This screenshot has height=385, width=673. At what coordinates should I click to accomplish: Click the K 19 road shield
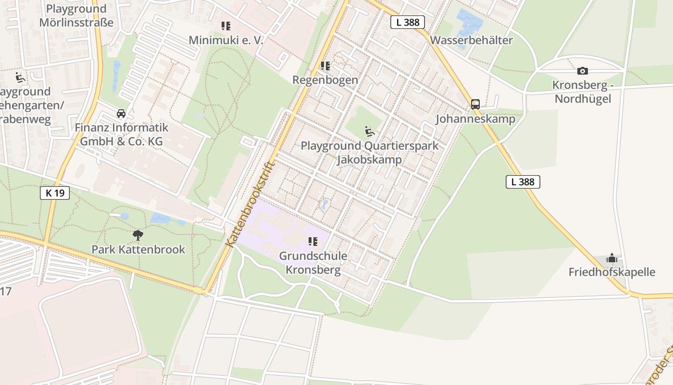[x=55, y=193]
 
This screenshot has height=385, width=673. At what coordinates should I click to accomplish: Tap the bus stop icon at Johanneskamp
[x=475, y=104]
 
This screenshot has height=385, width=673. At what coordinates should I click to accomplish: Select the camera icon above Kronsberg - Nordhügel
[x=582, y=71]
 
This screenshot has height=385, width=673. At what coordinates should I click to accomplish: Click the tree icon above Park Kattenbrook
[x=138, y=235]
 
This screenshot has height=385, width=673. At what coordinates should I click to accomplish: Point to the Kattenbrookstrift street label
[x=250, y=204]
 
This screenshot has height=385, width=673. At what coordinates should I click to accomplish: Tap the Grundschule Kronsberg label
[x=313, y=263]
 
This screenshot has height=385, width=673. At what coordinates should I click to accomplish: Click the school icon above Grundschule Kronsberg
[x=313, y=242]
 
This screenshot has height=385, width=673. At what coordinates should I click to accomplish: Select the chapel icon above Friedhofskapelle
[x=611, y=258]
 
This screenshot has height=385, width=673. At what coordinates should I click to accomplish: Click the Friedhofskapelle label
[x=611, y=272]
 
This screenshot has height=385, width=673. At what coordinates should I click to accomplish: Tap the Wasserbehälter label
[x=471, y=40]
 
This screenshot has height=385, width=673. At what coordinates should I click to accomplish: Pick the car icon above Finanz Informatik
[x=121, y=114]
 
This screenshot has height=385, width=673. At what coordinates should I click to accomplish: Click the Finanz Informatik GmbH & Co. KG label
[x=121, y=134]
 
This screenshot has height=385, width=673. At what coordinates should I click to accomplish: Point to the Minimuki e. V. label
[x=226, y=40]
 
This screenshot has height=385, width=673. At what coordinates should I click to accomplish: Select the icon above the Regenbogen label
[x=325, y=65]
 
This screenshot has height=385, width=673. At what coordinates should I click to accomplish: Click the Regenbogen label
[x=325, y=80]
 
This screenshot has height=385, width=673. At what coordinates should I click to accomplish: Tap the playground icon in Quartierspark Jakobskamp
[x=369, y=131]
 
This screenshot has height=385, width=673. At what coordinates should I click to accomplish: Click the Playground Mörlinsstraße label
[x=76, y=15]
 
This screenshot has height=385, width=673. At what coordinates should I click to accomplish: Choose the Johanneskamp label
[x=475, y=119]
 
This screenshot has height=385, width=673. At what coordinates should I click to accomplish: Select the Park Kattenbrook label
[x=138, y=250]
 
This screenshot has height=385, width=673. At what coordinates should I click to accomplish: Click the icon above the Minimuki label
[x=226, y=26]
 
